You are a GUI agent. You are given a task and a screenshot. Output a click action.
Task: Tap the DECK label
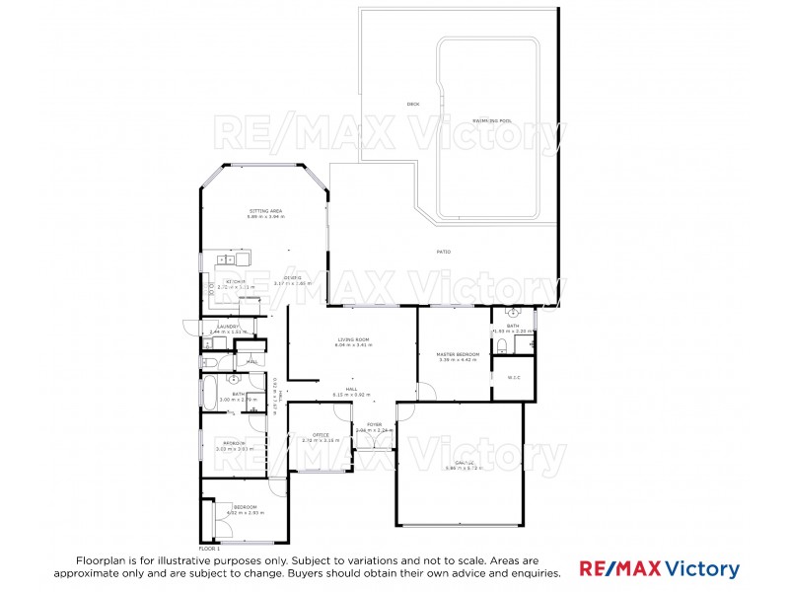pyautogui.click(x=413, y=104)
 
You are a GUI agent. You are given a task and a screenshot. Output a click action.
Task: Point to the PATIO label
pyautogui.click(x=444, y=253)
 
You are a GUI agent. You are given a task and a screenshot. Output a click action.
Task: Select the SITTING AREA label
pyautogui.click(x=265, y=211)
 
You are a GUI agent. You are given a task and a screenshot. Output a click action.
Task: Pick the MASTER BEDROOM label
pyautogui.click(x=459, y=354)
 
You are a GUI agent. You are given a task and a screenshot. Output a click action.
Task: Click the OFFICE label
pyautogui.click(x=321, y=435)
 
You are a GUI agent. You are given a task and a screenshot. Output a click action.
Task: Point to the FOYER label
pyautogui.click(x=374, y=425)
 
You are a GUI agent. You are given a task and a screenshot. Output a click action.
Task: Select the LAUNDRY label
pyautogui.click(x=229, y=327)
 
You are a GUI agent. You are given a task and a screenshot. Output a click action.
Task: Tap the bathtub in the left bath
pyautogui.click(x=210, y=392)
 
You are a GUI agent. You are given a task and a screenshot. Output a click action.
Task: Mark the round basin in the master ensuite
pyautogui.click(x=515, y=313)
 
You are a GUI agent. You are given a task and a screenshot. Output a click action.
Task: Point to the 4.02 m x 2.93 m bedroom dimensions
pyautogui.click(x=244, y=513)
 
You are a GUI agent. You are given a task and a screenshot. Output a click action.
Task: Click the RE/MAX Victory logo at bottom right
pyautogui.click(x=659, y=568)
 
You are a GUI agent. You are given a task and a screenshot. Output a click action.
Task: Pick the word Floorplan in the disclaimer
pyautogui.click(x=105, y=559)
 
